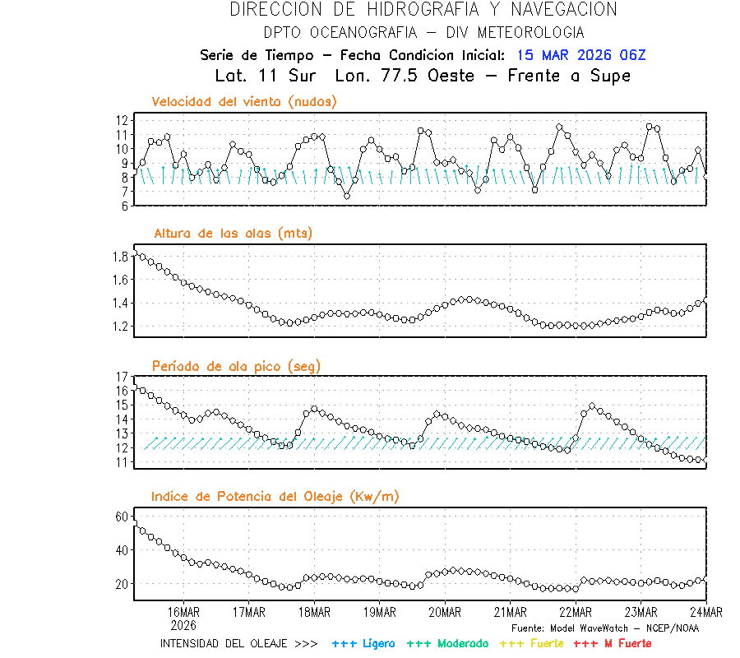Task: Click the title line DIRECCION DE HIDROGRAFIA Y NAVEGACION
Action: tap(423, 10)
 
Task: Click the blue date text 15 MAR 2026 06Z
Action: tap(581, 55)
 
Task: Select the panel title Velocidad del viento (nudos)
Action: tap(243, 102)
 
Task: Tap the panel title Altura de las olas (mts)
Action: tap(232, 234)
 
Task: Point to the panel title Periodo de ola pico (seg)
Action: tap(236, 366)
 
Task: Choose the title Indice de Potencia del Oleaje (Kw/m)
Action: tap(275, 496)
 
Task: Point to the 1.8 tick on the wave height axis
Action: tap(121, 257)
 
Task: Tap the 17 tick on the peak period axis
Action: tap(123, 377)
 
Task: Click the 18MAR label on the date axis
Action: tap(313, 613)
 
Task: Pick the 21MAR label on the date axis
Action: tap(510, 613)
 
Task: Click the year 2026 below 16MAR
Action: tap(183, 625)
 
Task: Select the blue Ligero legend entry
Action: tap(363, 643)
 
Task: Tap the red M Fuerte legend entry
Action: tap(613, 643)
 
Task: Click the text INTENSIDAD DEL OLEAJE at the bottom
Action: tap(224, 643)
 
